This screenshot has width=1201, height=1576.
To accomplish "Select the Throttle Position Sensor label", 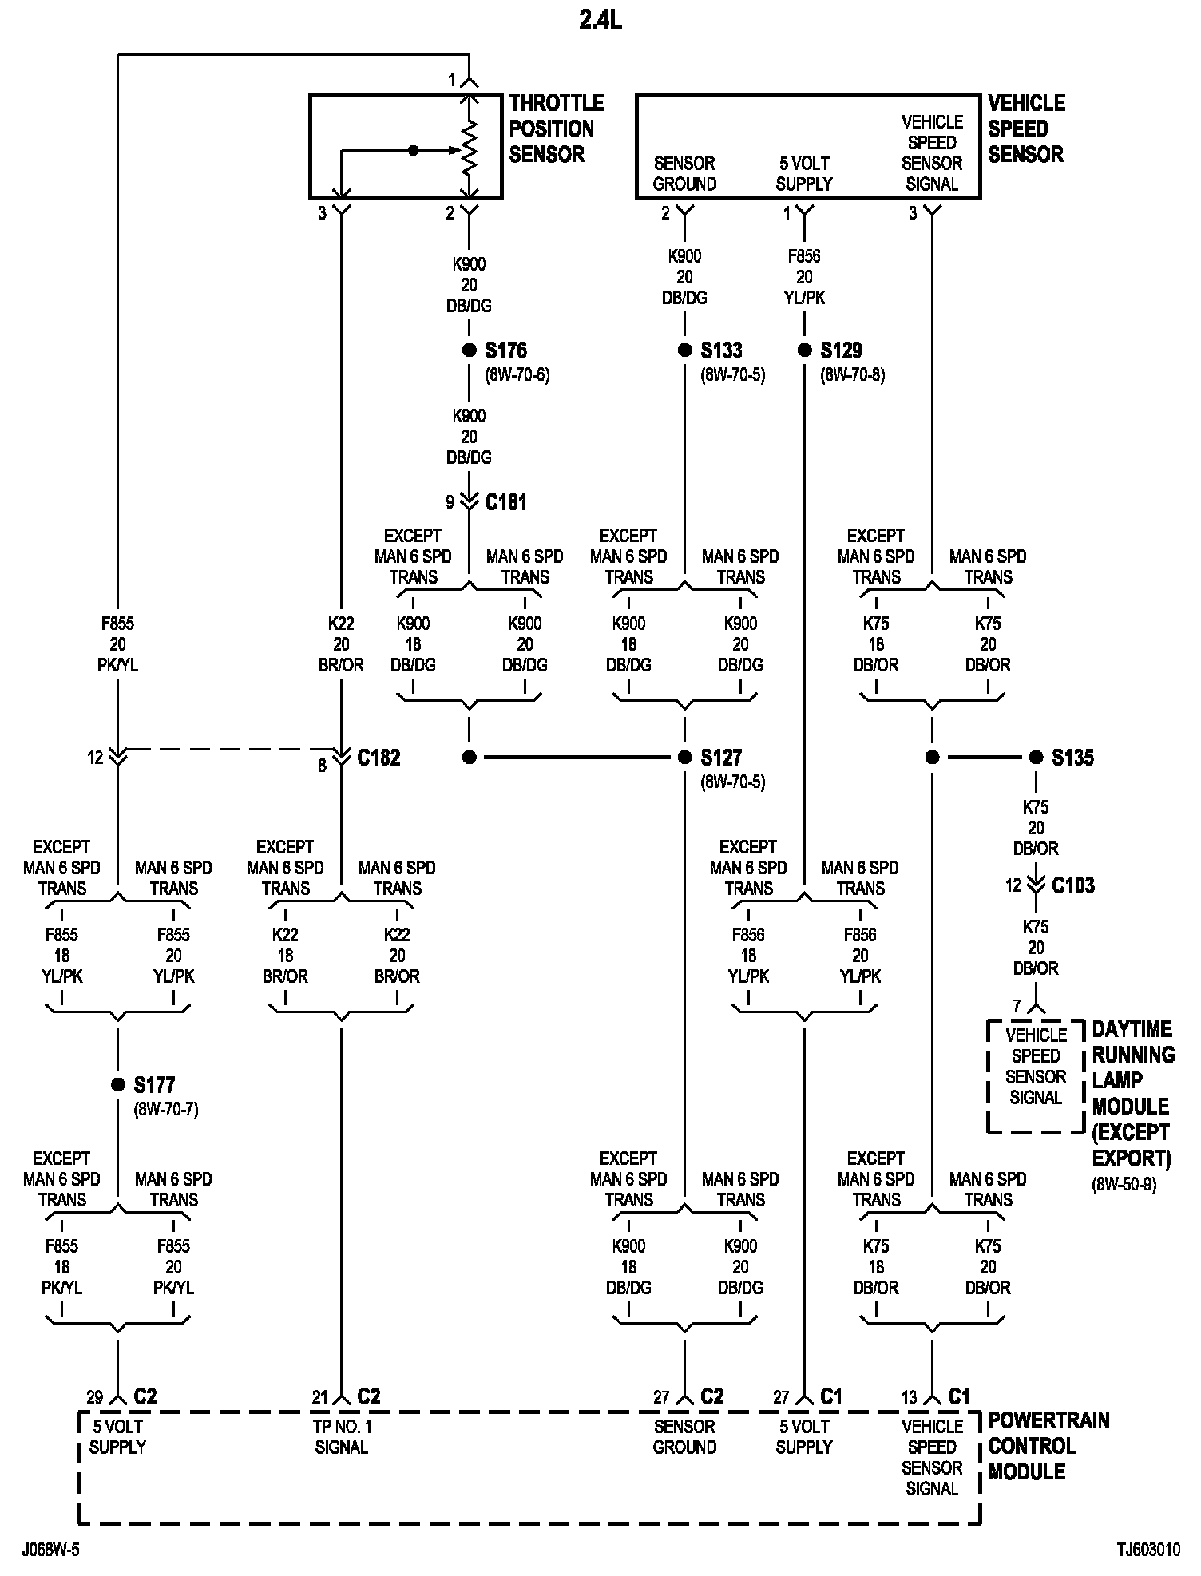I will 556,129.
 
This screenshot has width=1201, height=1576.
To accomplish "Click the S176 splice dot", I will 469,350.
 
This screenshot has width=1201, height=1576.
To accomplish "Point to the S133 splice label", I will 721,350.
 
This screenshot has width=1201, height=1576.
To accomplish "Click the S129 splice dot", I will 804,350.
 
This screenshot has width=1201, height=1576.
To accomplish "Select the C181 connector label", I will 505,502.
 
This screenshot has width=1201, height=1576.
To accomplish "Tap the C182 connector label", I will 379,758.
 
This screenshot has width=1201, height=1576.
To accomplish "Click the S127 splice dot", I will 684,758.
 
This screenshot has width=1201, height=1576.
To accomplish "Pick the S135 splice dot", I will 1036,758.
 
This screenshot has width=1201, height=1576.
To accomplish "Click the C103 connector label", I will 1072,885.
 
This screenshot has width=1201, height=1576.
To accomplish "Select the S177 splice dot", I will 117,1084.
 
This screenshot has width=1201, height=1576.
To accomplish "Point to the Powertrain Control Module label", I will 1048,1446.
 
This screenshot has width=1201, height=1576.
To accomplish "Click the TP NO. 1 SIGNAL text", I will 342,1437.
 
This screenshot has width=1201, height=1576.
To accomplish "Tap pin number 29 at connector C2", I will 95,1397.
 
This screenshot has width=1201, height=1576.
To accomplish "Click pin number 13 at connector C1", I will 910,1397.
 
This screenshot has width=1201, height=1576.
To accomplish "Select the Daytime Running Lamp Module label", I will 1132,1093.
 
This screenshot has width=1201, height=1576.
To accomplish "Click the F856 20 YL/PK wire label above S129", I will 804,277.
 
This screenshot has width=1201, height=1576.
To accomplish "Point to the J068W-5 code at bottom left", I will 51,1550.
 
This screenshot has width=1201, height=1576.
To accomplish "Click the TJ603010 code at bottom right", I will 1147,1550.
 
